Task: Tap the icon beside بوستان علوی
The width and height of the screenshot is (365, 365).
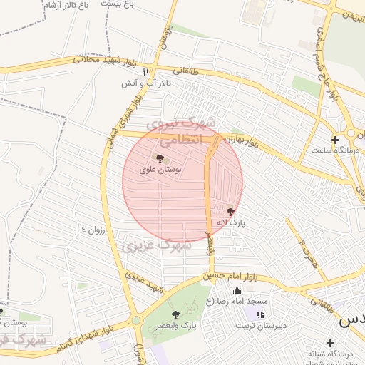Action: (158, 158)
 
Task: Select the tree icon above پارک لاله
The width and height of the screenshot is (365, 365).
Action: (230, 211)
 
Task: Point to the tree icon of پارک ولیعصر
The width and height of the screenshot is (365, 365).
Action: (175, 314)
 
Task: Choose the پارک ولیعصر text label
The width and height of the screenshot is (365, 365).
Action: (179, 326)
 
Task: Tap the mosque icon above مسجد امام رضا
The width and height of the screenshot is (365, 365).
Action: (237, 290)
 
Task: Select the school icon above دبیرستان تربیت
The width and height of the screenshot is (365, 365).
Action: (260, 314)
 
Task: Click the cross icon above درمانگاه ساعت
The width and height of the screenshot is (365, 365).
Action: (335, 140)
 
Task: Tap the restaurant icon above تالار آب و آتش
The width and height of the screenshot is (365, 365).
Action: (145, 72)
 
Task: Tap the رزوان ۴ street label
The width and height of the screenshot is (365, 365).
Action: (93, 230)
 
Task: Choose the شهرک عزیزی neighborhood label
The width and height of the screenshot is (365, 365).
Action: (156, 246)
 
